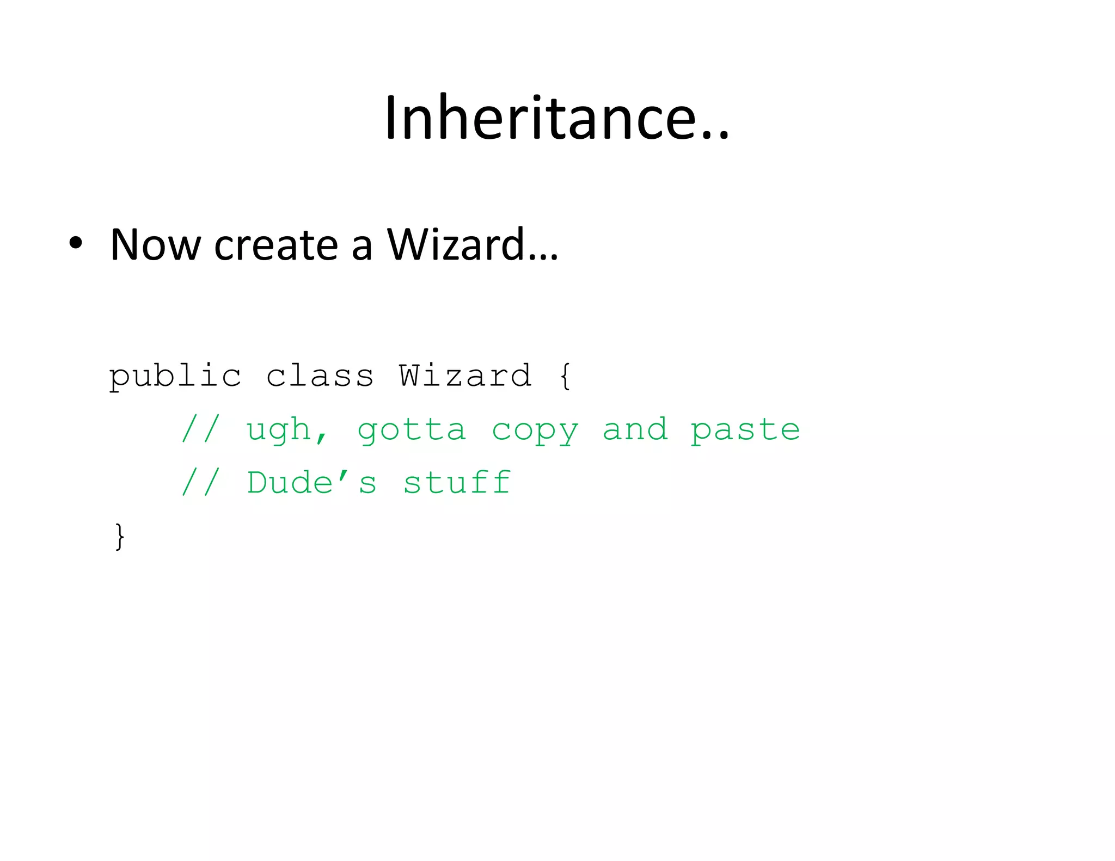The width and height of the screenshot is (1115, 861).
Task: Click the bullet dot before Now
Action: tap(76, 243)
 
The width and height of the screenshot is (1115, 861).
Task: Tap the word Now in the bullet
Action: tap(156, 245)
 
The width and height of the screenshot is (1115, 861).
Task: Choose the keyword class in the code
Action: tap(320, 376)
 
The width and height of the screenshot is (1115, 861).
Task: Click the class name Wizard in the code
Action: tap(465, 376)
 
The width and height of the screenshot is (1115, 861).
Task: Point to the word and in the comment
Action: tap(635, 430)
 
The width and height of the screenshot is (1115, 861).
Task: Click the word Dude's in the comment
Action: tap(311, 483)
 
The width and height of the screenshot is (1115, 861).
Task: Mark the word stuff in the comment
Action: tap(457, 483)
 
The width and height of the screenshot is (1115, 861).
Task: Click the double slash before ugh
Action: tap(201, 430)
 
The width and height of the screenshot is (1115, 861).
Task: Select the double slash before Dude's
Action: tap(201, 483)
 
